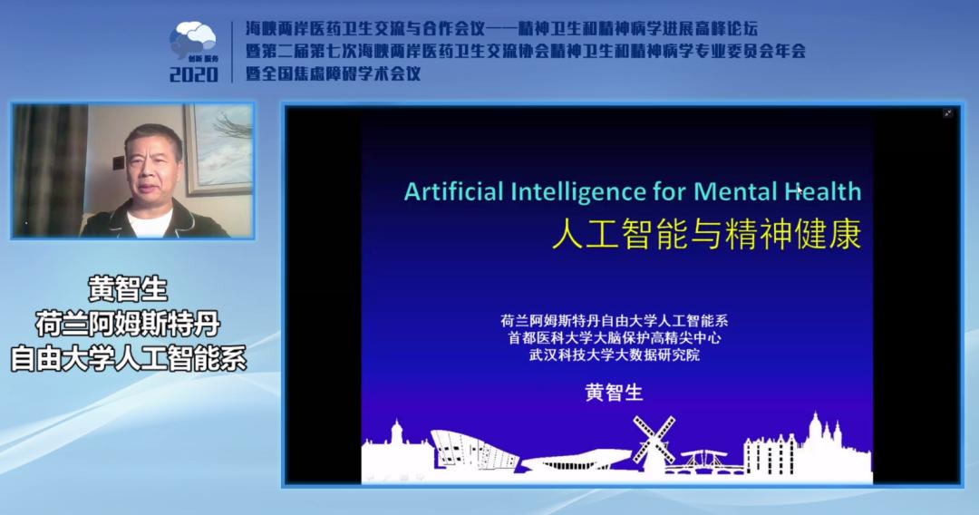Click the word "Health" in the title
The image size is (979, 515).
point(823,191)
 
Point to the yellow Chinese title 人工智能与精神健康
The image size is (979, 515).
point(707,234)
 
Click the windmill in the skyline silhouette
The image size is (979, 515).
point(654,439)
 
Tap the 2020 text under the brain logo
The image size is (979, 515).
point(194,75)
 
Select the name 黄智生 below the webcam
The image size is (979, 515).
point(128,288)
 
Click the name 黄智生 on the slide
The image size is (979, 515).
point(614,392)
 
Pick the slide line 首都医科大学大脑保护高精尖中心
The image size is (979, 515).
point(615,337)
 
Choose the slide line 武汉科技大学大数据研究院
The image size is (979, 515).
point(615,355)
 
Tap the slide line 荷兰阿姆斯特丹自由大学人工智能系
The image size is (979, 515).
point(615,321)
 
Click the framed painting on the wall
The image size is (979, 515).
point(218,149)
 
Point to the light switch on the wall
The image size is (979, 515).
point(118,163)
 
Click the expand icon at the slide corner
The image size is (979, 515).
point(948,113)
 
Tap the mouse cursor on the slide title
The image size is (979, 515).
point(800,190)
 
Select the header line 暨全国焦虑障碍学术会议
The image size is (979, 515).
point(334,73)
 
